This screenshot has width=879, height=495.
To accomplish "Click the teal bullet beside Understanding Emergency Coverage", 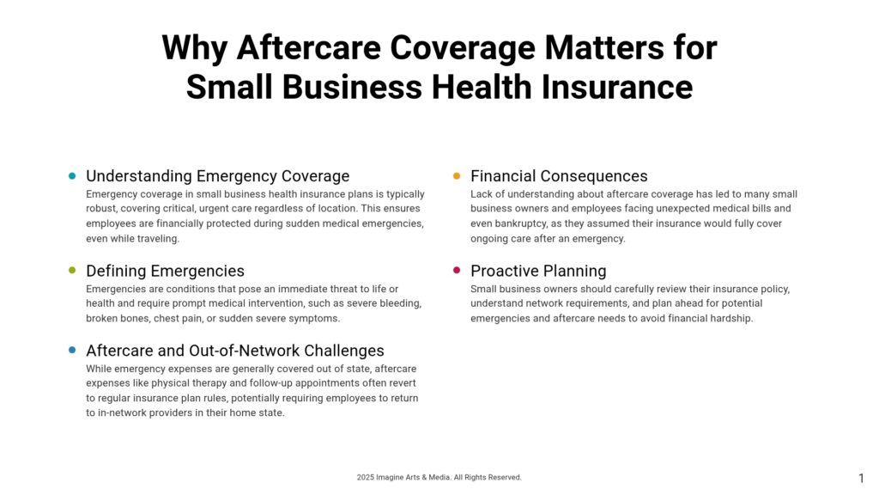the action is coord(72,175).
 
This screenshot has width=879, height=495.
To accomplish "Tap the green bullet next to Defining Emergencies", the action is coord(72,271).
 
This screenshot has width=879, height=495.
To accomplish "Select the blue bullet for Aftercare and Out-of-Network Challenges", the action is coord(72,351).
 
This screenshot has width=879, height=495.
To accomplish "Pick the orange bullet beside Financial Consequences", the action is coord(457,175).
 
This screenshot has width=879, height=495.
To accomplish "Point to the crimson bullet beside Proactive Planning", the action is coord(457,271).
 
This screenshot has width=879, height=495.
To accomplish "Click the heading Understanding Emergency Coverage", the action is coord(217,176).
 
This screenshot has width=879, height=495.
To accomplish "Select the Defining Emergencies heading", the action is coord(165,271).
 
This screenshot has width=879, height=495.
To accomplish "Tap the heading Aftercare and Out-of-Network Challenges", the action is coord(235,351).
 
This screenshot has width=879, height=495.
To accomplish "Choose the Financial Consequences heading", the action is coord(559,176).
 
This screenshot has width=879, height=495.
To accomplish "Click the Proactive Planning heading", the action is coord(538,271).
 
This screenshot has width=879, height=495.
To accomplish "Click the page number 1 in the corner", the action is coord(861,478).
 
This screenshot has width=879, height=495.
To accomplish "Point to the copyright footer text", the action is coord(439,477).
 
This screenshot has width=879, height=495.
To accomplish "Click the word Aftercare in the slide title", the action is coord(309,47).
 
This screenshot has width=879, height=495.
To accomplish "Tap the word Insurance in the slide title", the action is coord(616,87).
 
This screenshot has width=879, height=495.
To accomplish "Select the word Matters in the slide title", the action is coord(604,47).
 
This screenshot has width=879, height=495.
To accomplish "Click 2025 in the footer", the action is coord(365,477).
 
